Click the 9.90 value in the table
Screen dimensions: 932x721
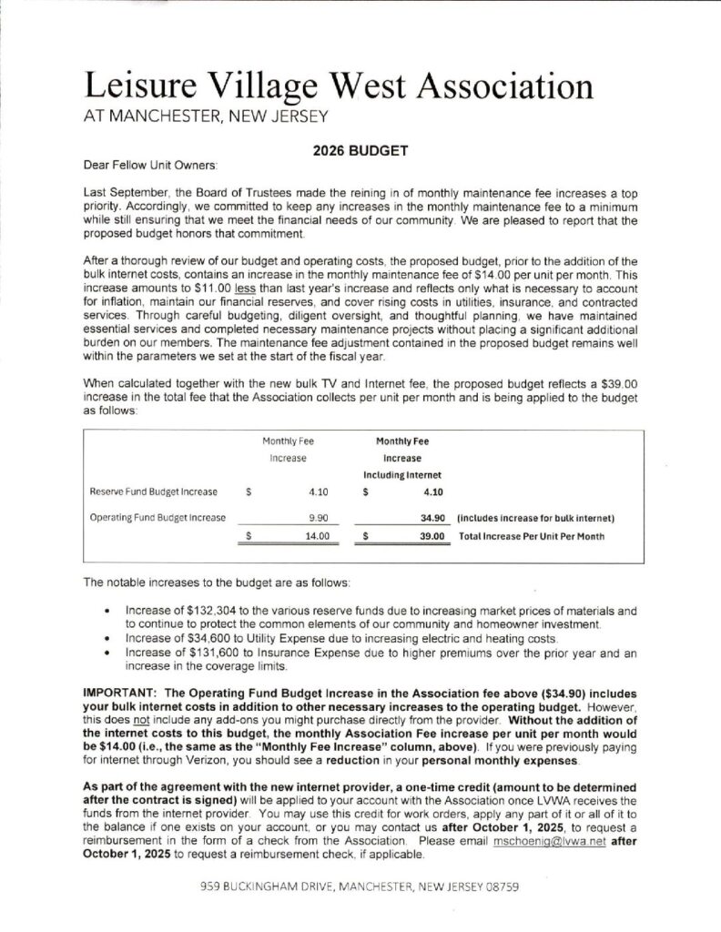[317, 517]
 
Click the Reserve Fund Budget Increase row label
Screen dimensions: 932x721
[152, 492]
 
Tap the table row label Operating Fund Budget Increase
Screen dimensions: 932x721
[157, 517]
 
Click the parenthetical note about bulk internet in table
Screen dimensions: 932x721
[535, 517]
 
